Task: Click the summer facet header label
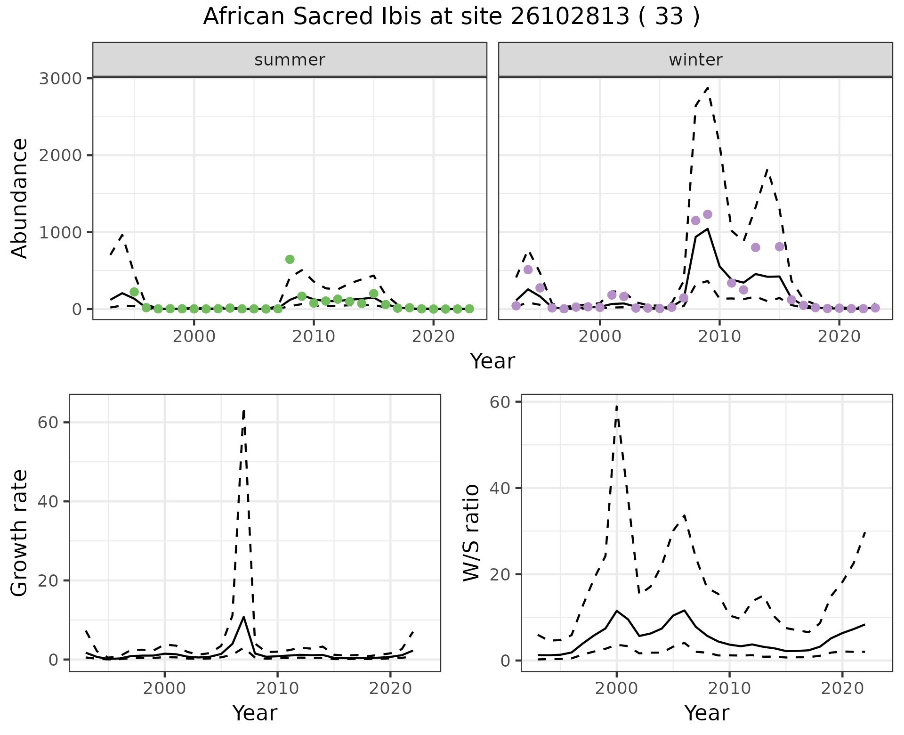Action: click(290, 60)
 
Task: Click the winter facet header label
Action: click(695, 60)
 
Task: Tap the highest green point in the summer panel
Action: click(290, 259)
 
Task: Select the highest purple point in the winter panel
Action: click(708, 214)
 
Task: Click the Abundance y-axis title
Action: click(20, 198)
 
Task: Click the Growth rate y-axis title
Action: click(20, 532)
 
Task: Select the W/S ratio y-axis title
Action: click(471, 532)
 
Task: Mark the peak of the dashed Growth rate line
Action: click(243, 410)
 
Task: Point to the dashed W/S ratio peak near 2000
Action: click(617, 406)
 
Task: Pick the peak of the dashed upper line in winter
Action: click(708, 88)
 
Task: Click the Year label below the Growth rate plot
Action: click(255, 713)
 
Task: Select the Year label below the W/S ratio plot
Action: click(707, 713)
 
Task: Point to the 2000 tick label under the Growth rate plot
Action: click(164, 688)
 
